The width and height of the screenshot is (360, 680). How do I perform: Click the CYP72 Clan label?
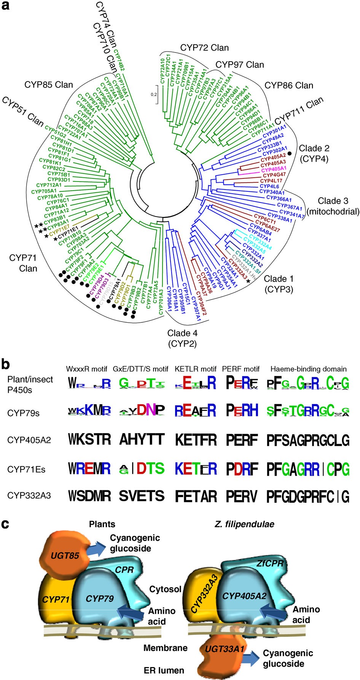click(x=204, y=48)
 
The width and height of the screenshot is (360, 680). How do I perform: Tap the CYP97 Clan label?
click(x=240, y=64)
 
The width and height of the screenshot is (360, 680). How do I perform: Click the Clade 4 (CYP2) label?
click(x=182, y=338)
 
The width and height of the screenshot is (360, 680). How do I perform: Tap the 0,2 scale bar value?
click(x=154, y=94)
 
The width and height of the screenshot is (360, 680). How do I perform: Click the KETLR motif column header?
click(x=196, y=369)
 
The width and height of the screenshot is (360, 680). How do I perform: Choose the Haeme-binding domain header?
click(x=308, y=369)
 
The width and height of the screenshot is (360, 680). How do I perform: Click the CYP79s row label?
click(x=23, y=413)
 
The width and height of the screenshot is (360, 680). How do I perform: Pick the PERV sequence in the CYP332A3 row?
click(x=242, y=496)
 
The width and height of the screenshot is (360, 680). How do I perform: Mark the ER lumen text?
click(x=164, y=670)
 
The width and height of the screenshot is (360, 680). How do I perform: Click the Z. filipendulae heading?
click(x=244, y=524)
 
